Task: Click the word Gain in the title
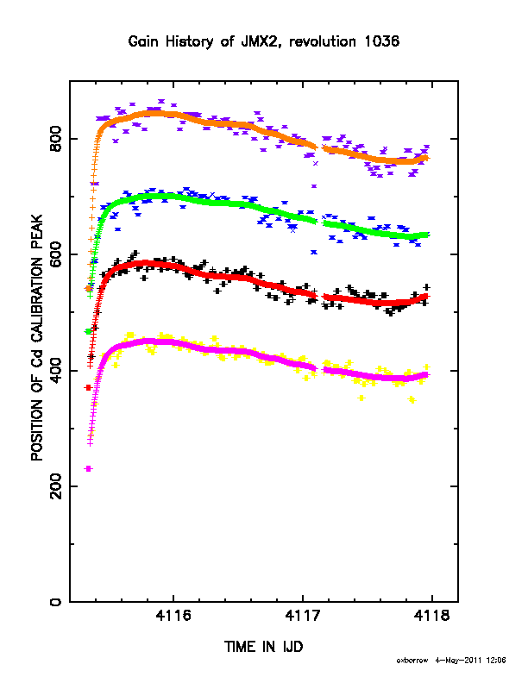[144, 41]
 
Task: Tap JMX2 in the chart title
[256, 41]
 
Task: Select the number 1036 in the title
[381, 41]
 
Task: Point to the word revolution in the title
[323, 41]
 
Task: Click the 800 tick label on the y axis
[55, 139]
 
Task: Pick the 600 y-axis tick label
[55, 254]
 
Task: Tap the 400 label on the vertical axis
[55, 370]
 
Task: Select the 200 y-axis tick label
[55, 486]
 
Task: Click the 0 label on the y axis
[55, 602]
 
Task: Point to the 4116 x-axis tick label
[173, 616]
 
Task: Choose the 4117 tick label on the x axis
[303, 616]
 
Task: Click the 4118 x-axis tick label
[431, 616]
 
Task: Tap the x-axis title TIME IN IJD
[263, 647]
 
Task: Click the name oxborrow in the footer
[412, 661]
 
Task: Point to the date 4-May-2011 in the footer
[458, 661]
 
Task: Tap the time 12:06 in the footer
[497, 661]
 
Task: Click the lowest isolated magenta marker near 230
[88, 468]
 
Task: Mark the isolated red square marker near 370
[88, 387]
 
